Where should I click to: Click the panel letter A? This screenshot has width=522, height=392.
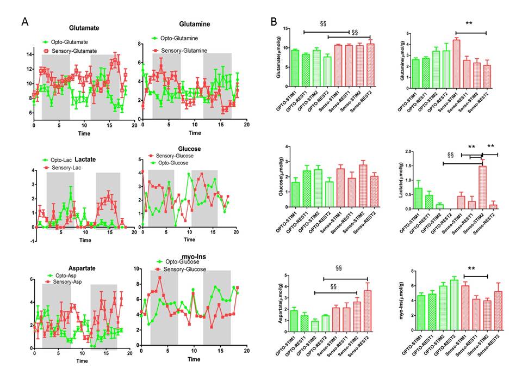pyautogui.click(x=24, y=22)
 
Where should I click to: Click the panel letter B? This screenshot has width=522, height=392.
pyautogui.click(x=275, y=22)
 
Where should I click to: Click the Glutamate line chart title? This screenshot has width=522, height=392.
pyautogui.click(x=83, y=28)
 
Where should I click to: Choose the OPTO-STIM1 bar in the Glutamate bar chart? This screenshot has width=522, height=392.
pyautogui.click(x=295, y=68)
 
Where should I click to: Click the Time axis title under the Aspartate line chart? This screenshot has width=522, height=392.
pyautogui.click(x=82, y=360)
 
